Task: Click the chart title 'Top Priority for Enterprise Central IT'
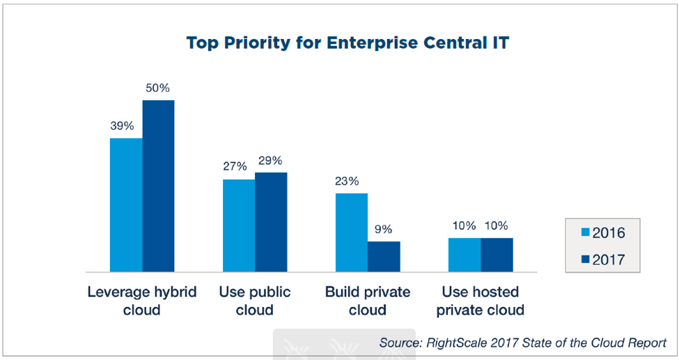[348, 43]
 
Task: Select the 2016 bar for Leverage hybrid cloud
[126, 205]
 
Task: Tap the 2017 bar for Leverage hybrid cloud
[159, 186]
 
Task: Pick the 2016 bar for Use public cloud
[239, 226]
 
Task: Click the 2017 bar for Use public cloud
[271, 222]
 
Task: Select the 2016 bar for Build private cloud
[352, 233]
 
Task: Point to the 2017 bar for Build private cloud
[384, 256]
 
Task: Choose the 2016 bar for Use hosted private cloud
[465, 255]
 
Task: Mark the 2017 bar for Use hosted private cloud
[497, 255]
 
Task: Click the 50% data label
[158, 88]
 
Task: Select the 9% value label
[383, 229]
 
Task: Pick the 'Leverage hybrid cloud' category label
[142, 301]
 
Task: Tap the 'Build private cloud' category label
[368, 301]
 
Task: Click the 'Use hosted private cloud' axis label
[481, 301]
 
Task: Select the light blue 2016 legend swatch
[585, 233]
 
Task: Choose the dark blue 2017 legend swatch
[585, 259]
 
